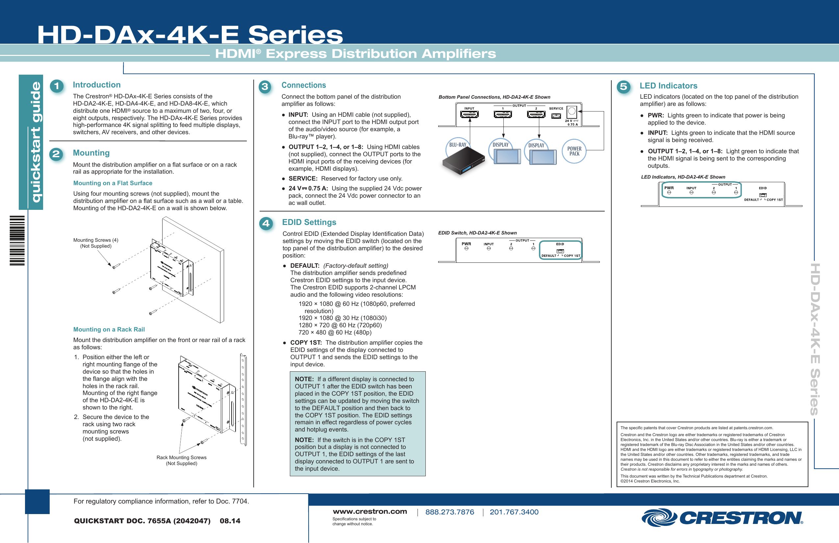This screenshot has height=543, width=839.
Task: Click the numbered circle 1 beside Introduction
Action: click(56, 86)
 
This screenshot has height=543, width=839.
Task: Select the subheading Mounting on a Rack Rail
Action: click(109, 330)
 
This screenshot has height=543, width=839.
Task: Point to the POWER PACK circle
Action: click(574, 151)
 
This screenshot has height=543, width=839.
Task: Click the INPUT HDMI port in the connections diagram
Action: click(469, 114)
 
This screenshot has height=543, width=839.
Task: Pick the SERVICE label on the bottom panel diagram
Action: click(556, 109)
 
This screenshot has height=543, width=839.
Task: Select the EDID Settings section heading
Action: click(309, 222)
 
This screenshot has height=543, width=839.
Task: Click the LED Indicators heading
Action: click(668, 86)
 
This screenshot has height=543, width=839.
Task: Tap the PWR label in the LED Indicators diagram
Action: click(669, 188)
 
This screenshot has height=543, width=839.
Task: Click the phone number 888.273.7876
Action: click(449, 512)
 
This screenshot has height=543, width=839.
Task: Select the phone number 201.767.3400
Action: click(514, 512)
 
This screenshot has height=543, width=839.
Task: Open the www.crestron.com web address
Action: click(370, 512)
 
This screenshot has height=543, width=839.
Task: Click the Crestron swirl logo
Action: click(658, 518)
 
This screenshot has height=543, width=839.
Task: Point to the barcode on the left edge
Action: click(17, 240)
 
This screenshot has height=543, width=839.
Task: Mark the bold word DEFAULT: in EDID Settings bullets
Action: click(305, 266)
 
